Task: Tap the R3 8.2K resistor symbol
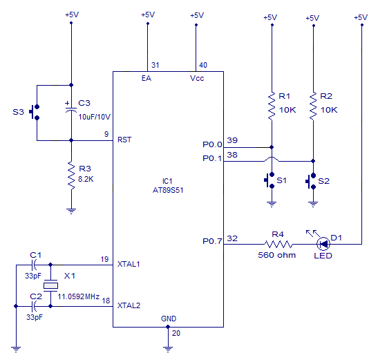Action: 70,176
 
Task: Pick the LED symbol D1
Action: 323,244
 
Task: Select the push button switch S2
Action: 310,181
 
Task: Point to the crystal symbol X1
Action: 50,286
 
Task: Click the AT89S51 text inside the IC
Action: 168,189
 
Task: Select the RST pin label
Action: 125,140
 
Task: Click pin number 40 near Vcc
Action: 203,65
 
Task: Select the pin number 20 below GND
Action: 176,333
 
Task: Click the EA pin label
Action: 147,78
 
